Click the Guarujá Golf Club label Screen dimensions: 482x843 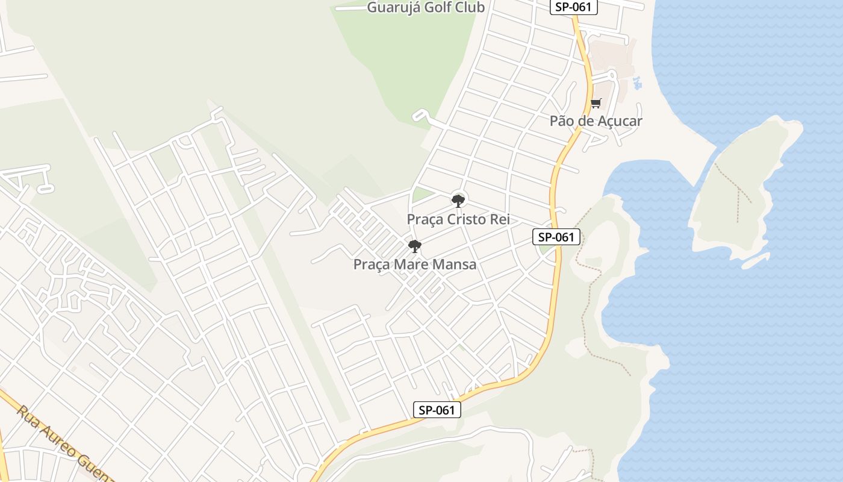click(426, 7)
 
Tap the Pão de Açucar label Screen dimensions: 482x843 click(596, 120)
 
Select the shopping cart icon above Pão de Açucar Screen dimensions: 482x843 click(596, 104)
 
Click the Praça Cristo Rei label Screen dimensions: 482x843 click(458, 219)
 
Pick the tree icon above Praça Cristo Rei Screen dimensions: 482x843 click(458, 201)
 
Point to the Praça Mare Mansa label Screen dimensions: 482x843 click(414, 264)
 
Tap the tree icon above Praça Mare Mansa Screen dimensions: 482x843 click(414, 246)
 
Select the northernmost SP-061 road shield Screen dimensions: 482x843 click(573, 7)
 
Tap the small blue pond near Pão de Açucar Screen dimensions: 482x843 click(638, 84)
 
